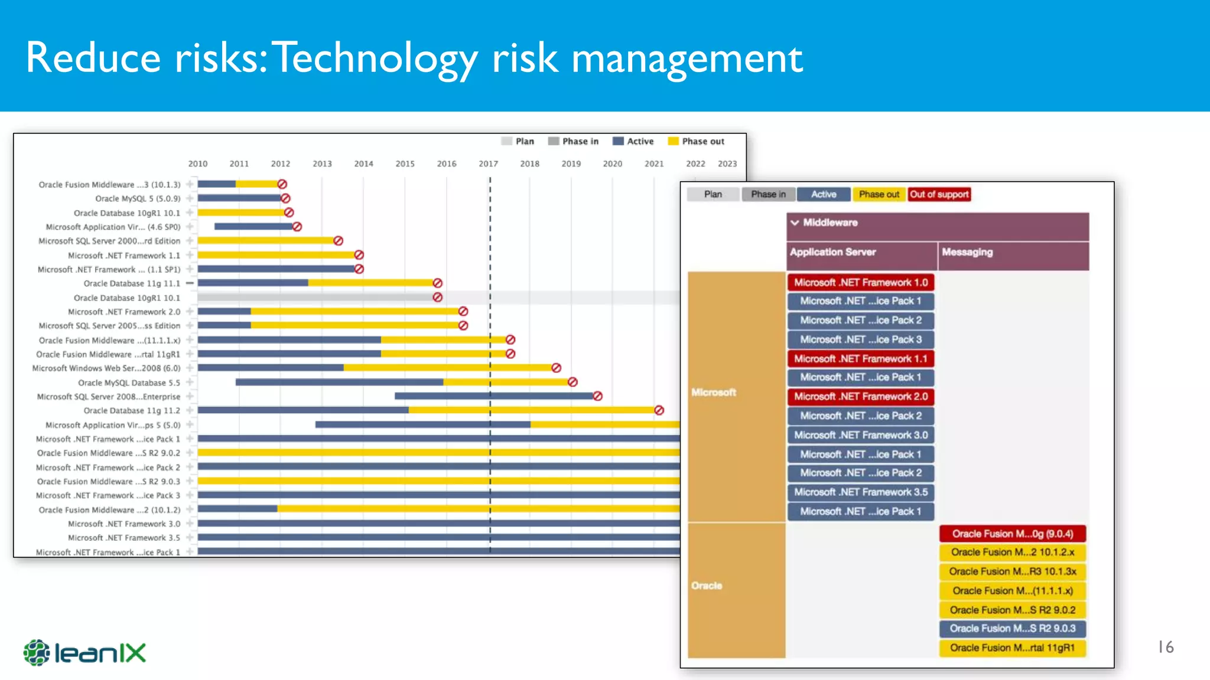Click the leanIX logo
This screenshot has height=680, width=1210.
pyautogui.click(x=84, y=653)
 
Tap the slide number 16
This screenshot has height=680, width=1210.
pyautogui.click(x=1165, y=647)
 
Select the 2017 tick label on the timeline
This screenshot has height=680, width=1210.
pyautogui.click(x=488, y=164)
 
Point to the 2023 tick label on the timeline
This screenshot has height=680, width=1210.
pyautogui.click(x=727, y=164)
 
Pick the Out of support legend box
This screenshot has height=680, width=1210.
pyautogui.click(x=939, y=194)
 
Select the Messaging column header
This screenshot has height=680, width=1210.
pyautogui.click(x=967, y=252)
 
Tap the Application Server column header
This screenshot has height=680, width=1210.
pyautogui.click(x=832, y=252)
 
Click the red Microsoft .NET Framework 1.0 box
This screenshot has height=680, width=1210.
pyautogui.click(x=861, y=282)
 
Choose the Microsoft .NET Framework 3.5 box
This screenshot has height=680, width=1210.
pyautogui.click(x=861, y=492)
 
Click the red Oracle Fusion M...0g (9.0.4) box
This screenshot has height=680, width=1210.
pyautogui.click(x=1013, y=534)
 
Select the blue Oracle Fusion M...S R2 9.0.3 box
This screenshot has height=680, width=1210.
pyautogui.click(x=1013, y=628)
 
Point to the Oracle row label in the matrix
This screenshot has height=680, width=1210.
pyautogui.click(x=707, y=586)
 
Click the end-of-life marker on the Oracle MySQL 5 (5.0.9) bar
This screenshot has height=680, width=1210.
pyautogui.click(x=285, y=198)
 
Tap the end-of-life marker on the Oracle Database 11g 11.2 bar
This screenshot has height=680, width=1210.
pyautogui.click(x=659, y=410)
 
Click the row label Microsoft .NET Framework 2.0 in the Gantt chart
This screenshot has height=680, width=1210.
pyautogui.click(x=123, y=312)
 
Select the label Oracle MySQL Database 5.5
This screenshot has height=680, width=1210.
pyautogui.click(x=129, y=382)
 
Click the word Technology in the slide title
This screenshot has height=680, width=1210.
pyautogui.click(x=375, y=58)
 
